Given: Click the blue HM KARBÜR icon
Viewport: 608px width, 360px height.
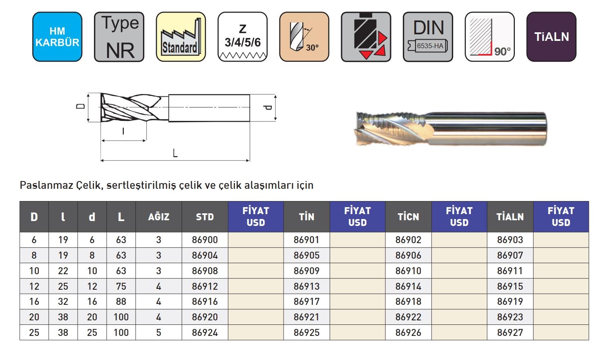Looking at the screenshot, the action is point(57,37).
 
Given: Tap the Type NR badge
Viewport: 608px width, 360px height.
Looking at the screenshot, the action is point(119,37).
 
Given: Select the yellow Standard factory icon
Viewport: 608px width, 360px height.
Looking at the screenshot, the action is point(181,37).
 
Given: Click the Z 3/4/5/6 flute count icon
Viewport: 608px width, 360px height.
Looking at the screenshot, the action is point(242,37).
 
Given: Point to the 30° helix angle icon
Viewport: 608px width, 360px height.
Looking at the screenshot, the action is point(304,37).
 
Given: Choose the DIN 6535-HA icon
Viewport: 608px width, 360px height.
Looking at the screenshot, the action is point(428,37).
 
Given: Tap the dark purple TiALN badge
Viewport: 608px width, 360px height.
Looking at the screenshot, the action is point(551,37).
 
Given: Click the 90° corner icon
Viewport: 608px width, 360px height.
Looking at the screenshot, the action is point(490,37).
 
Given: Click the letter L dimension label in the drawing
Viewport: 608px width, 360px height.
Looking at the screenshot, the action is point(175,153).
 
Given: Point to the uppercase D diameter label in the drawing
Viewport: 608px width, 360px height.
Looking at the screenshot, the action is point(80,106).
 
